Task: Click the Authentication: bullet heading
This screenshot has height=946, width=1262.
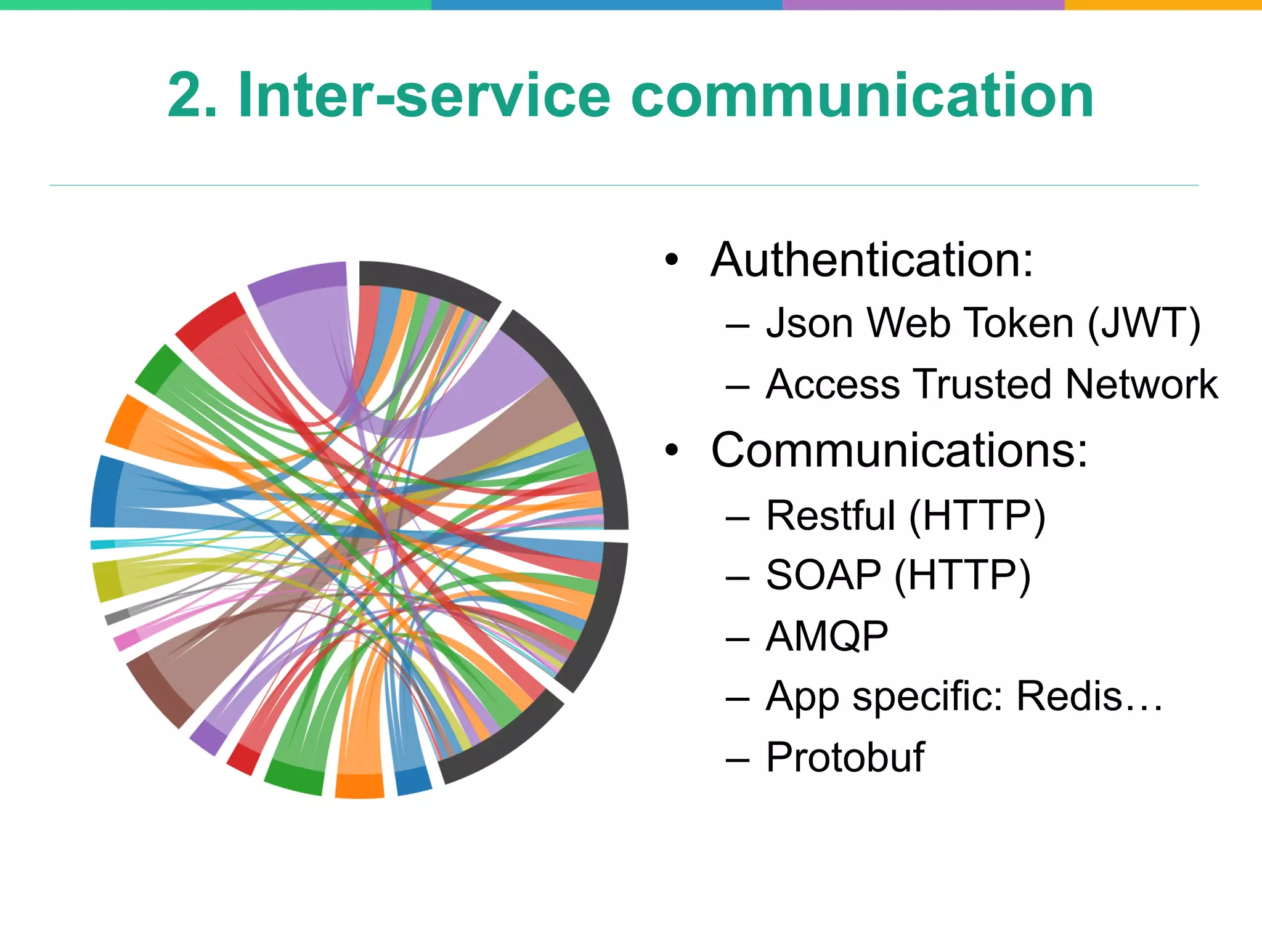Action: (871, 260)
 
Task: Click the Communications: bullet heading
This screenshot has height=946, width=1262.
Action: (899, 450)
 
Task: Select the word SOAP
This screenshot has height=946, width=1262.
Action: (823, 575)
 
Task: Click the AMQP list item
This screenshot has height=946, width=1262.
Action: (826, 636)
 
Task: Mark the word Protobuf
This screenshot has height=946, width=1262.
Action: (845, 757)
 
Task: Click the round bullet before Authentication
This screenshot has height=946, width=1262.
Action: (672, 260)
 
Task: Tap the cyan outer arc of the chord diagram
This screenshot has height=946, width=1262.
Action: (102, 544)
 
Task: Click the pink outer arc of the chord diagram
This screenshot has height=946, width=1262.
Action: (125, 641)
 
